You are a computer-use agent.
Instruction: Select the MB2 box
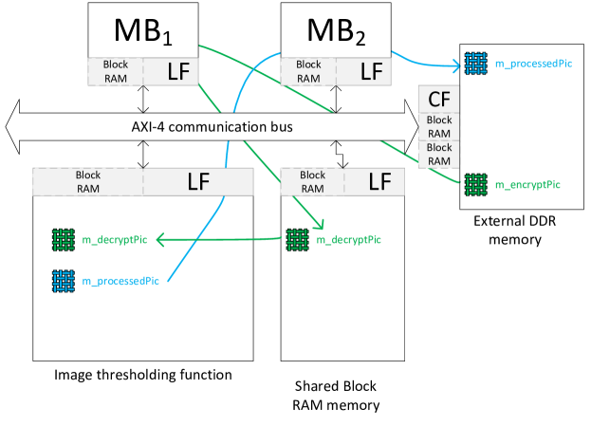[337, 29]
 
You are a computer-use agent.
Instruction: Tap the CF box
[439, 100]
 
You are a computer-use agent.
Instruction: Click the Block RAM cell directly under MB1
[115, 71]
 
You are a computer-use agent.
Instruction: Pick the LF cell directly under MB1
[171, 71]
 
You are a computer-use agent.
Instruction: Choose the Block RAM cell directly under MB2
[308, 71]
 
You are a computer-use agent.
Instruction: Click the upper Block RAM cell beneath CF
[439, 126]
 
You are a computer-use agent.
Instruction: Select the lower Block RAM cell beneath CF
[439, 154]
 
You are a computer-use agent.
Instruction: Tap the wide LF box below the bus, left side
[198, 181]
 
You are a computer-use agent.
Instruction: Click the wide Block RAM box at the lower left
[87, 181]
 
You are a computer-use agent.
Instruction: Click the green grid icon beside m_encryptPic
[475, 184]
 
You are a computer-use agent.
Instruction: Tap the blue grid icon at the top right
[475, 64]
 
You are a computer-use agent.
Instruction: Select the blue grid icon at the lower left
[64, 281]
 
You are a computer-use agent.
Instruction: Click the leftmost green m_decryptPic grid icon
[64, 240]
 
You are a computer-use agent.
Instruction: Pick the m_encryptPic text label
[527, 184]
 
